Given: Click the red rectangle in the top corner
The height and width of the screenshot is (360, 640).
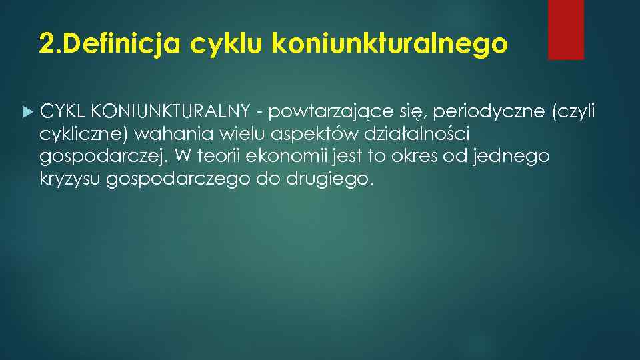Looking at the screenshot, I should (x=565, y=29).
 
